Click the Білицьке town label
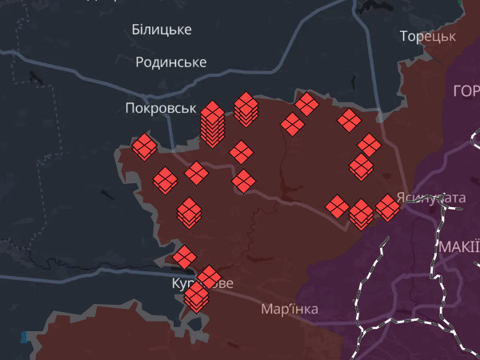tap(161, 30)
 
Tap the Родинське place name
tap(171, 62)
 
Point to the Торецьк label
tap(428, 36)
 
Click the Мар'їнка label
tap(290, 309)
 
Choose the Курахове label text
tap(203, 284)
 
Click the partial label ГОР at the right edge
tap(466, 90)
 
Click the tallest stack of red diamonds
tap(212, 124)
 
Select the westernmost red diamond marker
tap(145, 146)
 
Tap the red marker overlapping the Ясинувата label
tap(388, 207)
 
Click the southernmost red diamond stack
tap(196, 298)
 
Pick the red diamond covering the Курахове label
tap(209, 278)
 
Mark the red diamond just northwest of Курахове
tap(184, 257)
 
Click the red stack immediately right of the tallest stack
tap(246, 110)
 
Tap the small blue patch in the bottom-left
tap(24, 337)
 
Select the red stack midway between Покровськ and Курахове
tap(189, 212)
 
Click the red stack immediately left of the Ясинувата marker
tap(361, 214)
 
